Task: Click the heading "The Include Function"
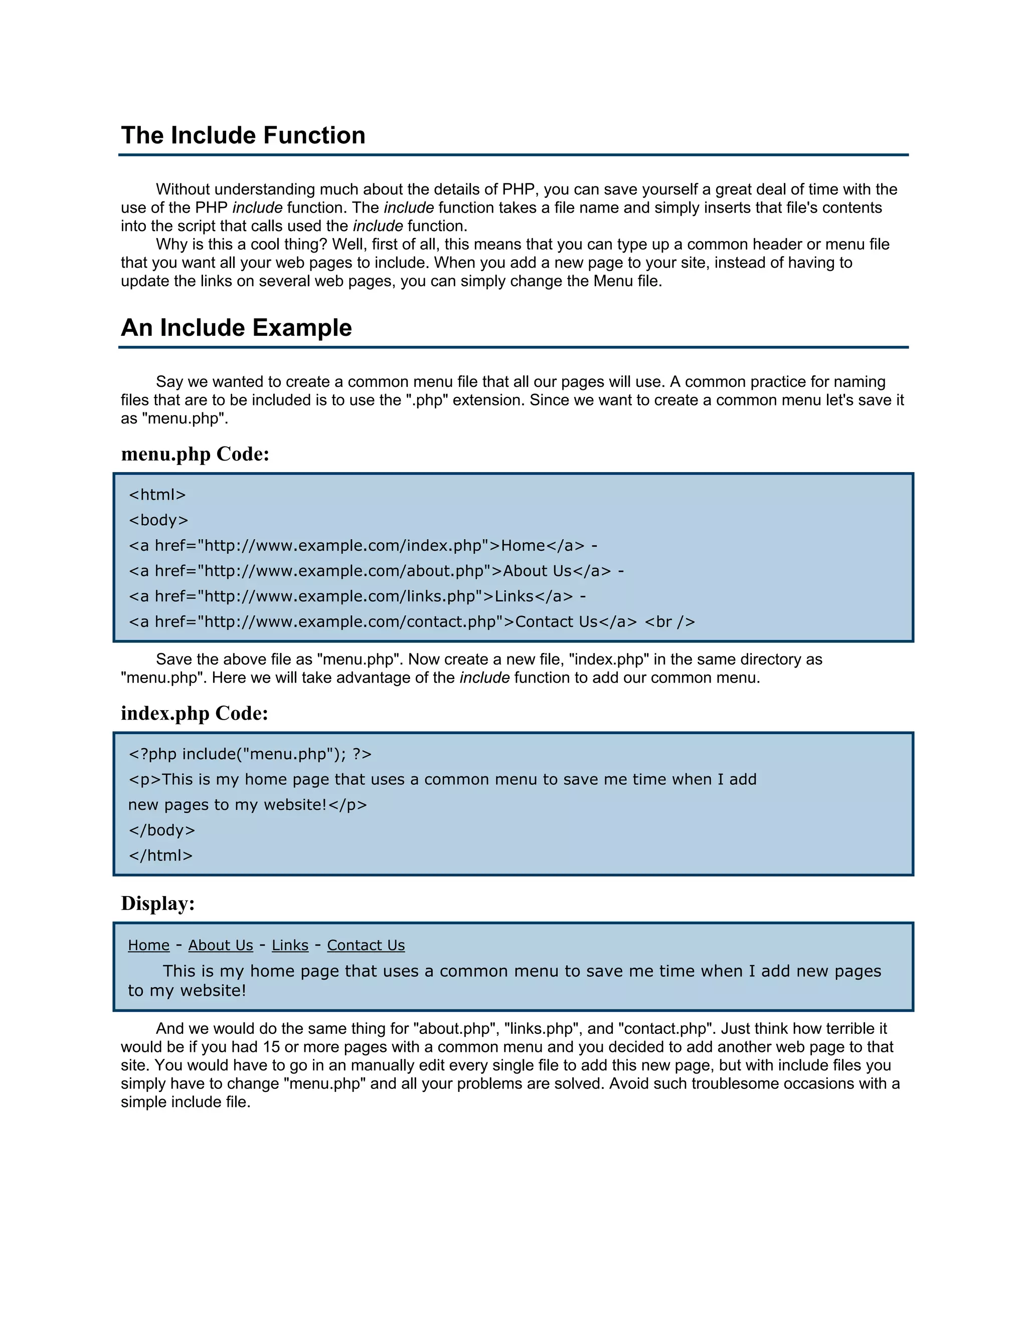(x=243, y=135)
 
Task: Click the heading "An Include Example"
(x=236, y=328)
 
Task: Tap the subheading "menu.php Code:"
(x=195, y=454)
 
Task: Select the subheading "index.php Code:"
(x=194, y=713)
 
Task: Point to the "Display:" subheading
(x=157, y=903)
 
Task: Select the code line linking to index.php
(x=363, y=545)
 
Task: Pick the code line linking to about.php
(x=376, y=571)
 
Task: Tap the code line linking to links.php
(x=357, y=596)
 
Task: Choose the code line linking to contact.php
(x=411, y=622)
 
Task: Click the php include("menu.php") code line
(x=249, y=754)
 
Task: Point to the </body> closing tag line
(x=162, y=830)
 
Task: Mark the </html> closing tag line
(x=160, y=855)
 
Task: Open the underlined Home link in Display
(x=148, y=946)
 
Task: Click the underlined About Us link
(x=220, y=946)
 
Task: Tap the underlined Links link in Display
(x=290, y=946)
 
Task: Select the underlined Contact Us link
(x=366, y=946)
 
